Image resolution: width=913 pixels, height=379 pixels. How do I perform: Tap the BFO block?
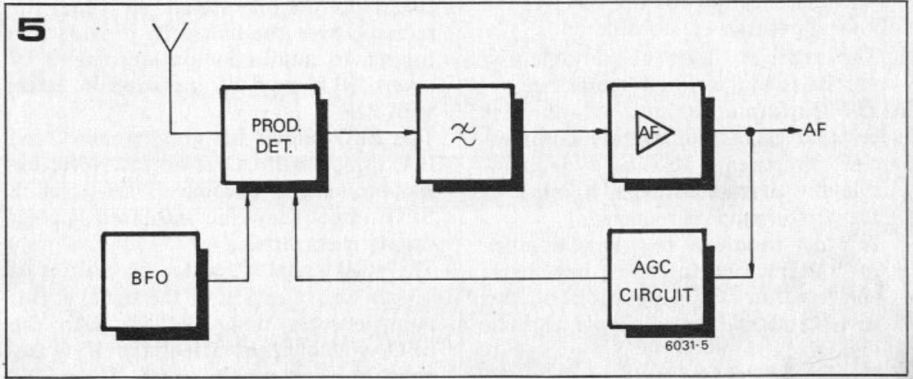(x=151, y=283)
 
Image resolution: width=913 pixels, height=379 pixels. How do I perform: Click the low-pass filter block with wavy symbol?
(x=463, y=133)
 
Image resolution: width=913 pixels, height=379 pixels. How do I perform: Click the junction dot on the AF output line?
(x=752, y=133)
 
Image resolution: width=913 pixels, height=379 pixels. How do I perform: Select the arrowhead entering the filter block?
(x=410, y=133)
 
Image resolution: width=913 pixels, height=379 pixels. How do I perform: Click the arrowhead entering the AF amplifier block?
(x=602, y=133)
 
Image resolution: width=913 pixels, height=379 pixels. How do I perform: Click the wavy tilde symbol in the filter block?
(x=463, y=133)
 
